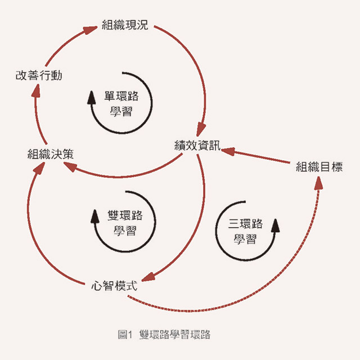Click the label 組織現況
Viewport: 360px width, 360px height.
125,25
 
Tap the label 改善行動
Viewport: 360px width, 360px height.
38,75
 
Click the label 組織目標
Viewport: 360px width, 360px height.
319,167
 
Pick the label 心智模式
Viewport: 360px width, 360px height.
114,285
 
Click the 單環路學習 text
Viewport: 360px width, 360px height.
121,102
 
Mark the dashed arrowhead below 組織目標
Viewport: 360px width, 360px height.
319,183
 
